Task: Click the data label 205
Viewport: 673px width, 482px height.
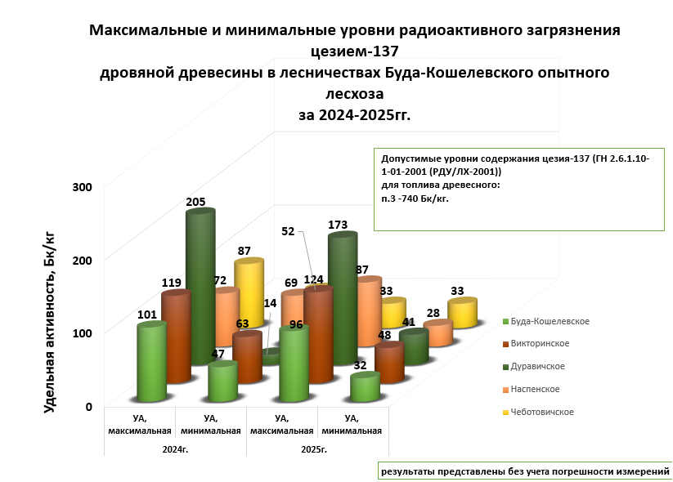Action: (195, 202)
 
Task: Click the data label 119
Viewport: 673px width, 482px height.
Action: (171, 283)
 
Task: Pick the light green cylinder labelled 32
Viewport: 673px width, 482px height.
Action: (364, 387)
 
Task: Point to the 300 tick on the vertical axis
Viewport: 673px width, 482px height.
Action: (83, 187)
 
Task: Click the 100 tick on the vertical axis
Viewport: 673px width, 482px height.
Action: (83, 333)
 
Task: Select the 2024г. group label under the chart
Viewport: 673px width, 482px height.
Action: (175, 449)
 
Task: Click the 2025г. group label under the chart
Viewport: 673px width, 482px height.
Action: (314, 449)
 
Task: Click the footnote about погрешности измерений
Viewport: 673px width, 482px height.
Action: (525, 471)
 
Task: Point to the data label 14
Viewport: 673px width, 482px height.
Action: (269, 303)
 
